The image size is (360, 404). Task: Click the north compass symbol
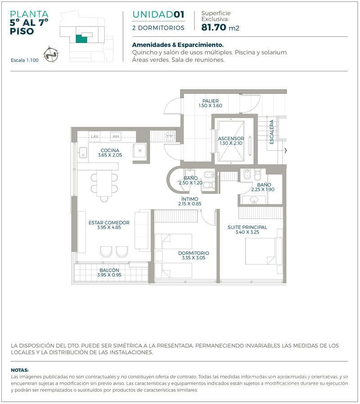pos(51,54)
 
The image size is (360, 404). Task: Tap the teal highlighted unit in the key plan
pos(81,39)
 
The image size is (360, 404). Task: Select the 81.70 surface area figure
pos(214,27)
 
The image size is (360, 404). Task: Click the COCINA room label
pos(110,150)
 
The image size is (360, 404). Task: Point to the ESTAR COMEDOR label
pos(109,223)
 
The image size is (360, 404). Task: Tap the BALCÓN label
pos(109,270)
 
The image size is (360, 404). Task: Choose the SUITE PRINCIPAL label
pos(247,227)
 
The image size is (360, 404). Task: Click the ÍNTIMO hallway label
pos(190,199)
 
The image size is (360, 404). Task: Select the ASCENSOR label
pos(231,138)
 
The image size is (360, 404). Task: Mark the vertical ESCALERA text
pos(271,132)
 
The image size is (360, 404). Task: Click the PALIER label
pos(210,101)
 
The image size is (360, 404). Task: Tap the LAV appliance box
pos(95,136)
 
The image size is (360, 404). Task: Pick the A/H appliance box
pos(116,136)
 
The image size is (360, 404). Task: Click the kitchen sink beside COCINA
pos(83,153)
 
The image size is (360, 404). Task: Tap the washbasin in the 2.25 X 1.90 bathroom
pos(254,199)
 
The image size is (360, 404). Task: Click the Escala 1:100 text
pos(25,60)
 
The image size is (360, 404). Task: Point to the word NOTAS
pos(20,370)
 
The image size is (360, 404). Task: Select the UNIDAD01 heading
pos(158,14)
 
